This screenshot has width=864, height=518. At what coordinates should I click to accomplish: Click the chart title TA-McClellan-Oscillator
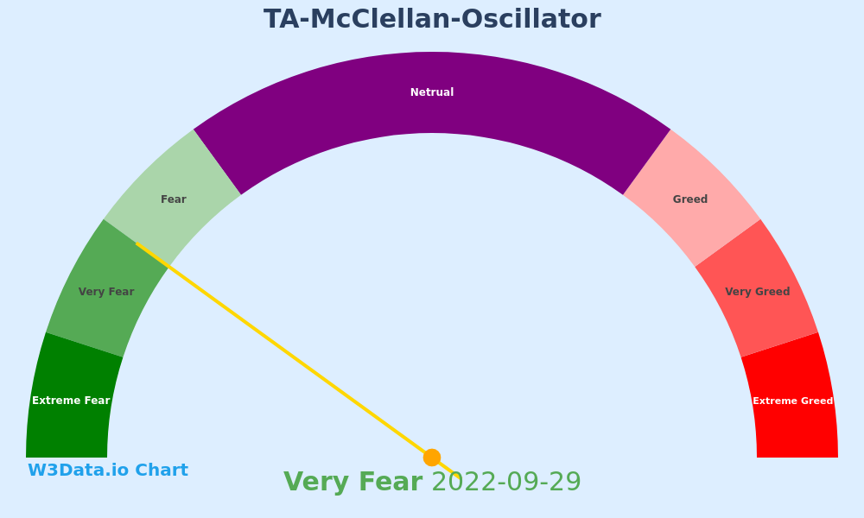point(432,19)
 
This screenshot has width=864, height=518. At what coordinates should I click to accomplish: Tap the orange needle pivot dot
point(432,458)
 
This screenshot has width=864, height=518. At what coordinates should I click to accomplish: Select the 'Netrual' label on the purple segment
point(432,92)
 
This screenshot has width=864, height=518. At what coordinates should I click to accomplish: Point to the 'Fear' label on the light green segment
point(174,199)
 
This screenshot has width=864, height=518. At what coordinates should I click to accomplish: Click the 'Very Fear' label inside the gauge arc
point(106,292)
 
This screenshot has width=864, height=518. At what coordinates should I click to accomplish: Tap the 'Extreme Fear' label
point(71,401)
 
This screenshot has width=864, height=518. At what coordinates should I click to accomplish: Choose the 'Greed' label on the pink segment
point(690,199)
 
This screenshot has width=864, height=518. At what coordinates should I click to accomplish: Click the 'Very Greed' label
point(758,292)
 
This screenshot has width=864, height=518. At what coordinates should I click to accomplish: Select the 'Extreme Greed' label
point(793,401)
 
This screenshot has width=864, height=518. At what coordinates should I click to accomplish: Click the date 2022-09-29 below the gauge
point(506,482)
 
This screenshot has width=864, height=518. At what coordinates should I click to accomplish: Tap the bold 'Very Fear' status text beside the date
point(353,482)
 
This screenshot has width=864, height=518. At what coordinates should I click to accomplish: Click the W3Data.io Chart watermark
point(108,471)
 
